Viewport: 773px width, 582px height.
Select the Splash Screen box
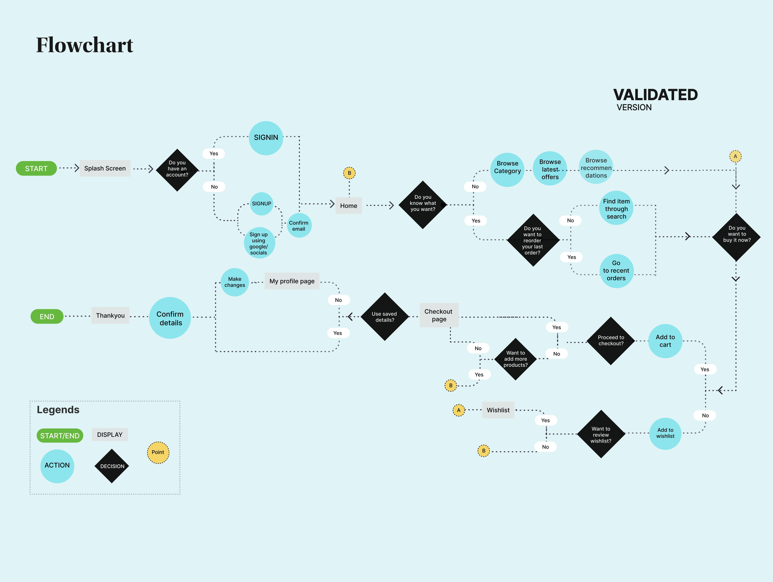click(x=105, y=168)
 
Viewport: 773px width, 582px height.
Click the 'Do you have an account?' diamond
click(x=177, y=170)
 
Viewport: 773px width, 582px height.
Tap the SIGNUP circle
click(x=261, y=204)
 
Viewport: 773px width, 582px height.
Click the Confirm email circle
click(x=299, y=225)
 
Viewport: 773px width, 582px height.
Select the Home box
click(x=348, y=206)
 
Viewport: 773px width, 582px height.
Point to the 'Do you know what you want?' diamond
click(x=423, y=205)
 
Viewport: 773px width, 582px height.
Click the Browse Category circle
click(x=507, y=170)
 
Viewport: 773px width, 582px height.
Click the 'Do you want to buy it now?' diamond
click(x=736, y=237)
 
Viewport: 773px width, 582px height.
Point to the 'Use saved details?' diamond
click(x=384, y=317)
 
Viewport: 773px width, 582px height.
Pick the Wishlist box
click(x=498, y=410)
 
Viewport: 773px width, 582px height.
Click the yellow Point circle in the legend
click(x=158, y=452)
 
